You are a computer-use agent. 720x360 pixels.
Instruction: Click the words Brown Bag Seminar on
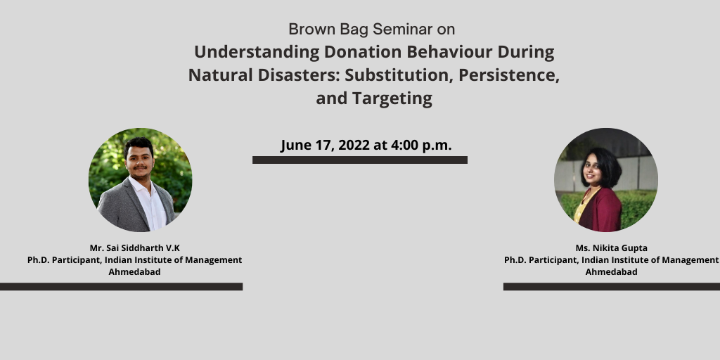click(x=371, y=30)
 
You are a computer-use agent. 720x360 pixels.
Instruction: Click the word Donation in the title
click(x=363, y=52)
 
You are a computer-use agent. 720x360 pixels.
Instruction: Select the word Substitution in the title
click(x=399, y=75)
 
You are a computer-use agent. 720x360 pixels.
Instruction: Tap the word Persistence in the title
click(x=509, y=75)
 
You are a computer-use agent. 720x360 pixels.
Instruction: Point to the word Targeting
click(x=392, y=98)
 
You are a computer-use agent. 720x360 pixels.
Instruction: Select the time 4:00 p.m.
click(x=422, y=146)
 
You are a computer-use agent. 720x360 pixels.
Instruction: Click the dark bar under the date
click(x=360, y=160)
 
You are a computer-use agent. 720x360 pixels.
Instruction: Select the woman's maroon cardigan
click(x=599, y=210)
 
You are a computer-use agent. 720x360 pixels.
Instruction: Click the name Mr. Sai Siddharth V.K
click(x=134, y=248)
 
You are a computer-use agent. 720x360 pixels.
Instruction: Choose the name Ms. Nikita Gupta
click(x=611, y=248)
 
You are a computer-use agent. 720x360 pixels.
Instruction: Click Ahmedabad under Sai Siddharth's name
click(x=134, y=272)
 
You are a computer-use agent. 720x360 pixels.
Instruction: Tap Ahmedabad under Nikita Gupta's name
click(x=611, y=272)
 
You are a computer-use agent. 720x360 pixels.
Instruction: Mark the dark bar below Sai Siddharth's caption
click(x=121, y=287)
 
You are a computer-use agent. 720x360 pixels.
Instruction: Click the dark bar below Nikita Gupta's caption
click(x=612, y=287)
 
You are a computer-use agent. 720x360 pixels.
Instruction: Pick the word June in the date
click(x=296, y=145)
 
